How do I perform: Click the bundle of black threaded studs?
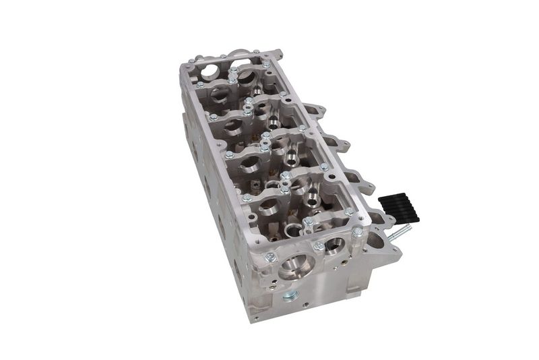point(398,206)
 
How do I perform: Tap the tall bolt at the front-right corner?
point(356,233)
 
